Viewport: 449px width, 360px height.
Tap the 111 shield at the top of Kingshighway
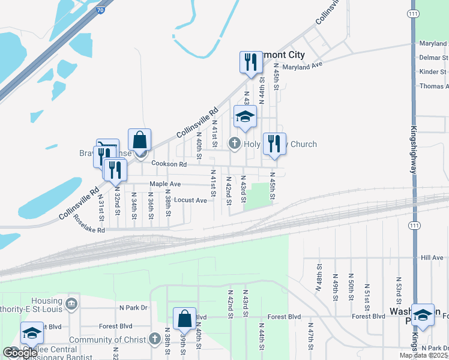[x=412, y=13]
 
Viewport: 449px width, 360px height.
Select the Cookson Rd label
[x=169, y=164]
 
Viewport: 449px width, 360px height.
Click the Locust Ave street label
[x=194, y=200]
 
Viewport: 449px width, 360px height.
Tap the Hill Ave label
[x=432, y=258]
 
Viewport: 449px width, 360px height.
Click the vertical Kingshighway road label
[x=414, y=150]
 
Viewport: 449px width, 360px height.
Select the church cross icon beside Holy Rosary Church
[x=235, y=143]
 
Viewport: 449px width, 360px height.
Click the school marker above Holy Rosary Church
[x=245, y=116]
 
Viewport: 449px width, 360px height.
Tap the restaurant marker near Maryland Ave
[x=249, y=62]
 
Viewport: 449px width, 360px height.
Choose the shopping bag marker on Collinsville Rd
[x=139, y=140]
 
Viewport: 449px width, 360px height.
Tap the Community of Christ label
[x=107, y=340]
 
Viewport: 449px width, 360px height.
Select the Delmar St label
[x=433, y=58]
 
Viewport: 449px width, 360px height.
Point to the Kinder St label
[x=433, y=72]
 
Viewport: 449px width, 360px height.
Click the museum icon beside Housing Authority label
[x=71, y=302]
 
